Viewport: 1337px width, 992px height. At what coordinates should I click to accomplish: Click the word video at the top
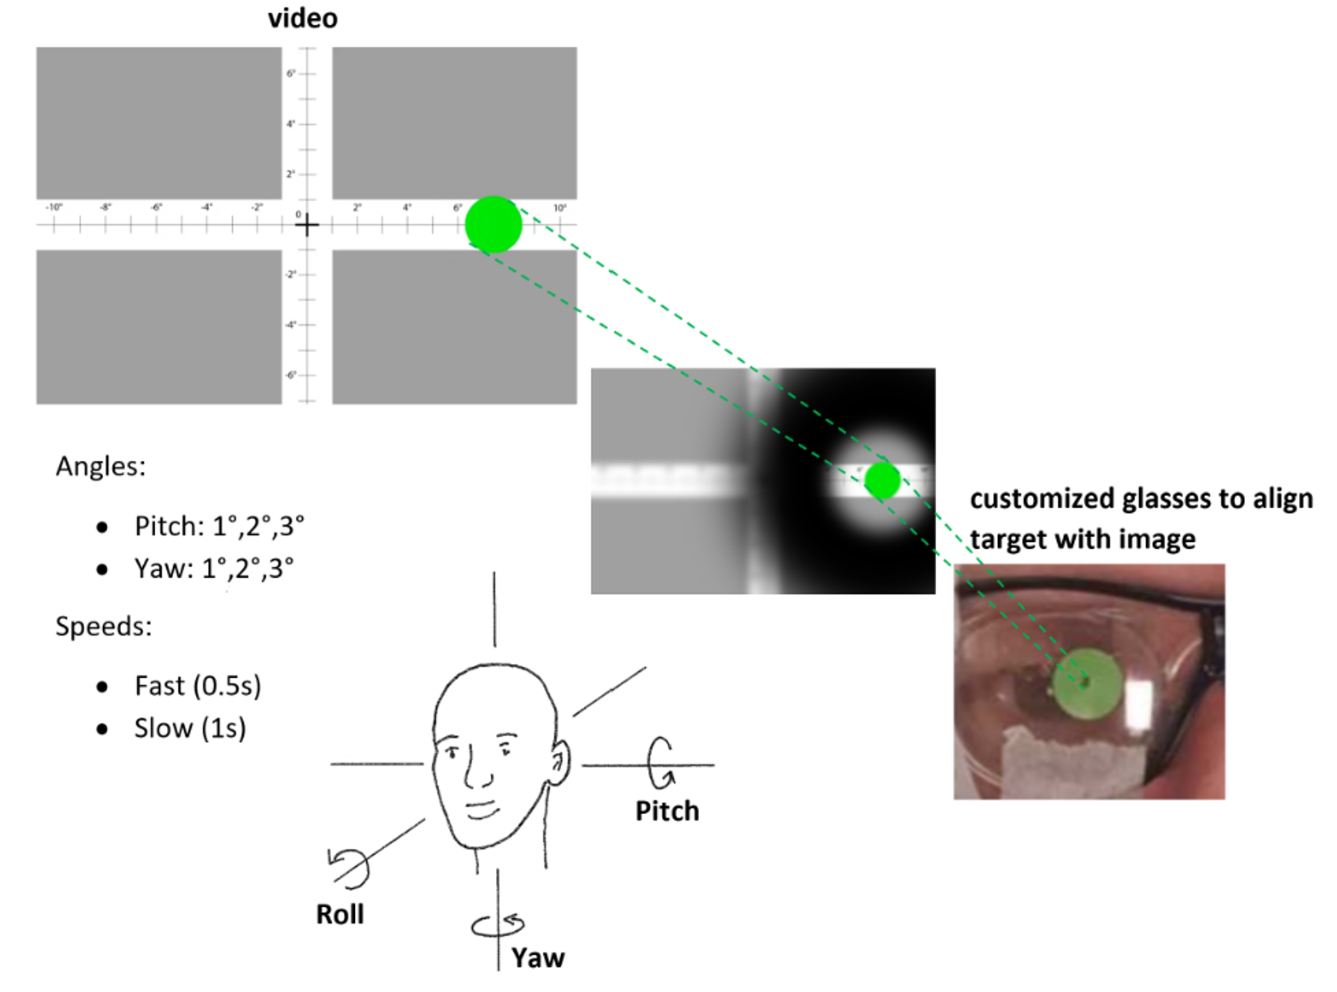coord(302,18)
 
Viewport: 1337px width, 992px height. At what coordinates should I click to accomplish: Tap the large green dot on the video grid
coord(493,224)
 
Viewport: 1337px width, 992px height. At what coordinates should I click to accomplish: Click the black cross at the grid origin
coord(306,226)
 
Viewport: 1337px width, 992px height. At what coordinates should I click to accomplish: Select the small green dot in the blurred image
coord(882,480)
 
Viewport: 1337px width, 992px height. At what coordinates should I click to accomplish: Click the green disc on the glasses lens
coord(1085,684)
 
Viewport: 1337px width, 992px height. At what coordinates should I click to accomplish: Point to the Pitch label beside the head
coord(667,811)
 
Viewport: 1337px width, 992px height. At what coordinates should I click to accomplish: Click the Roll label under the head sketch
coord(340,914)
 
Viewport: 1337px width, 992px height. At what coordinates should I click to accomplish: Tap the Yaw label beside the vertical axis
coord(537,958)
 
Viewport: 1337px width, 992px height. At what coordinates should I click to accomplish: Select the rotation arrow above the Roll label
coord(349,868)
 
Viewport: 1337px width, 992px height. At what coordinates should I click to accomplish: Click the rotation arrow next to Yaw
coord(497,925)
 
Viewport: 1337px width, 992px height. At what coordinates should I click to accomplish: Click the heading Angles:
coord(101,466)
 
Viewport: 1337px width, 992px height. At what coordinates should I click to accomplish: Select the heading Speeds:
coord(103,626)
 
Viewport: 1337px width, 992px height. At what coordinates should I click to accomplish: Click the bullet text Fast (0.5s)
coord(198,686)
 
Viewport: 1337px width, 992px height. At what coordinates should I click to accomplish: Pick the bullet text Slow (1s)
coord(190,728)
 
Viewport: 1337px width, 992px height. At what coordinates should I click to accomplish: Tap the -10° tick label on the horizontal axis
coord(54,208)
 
